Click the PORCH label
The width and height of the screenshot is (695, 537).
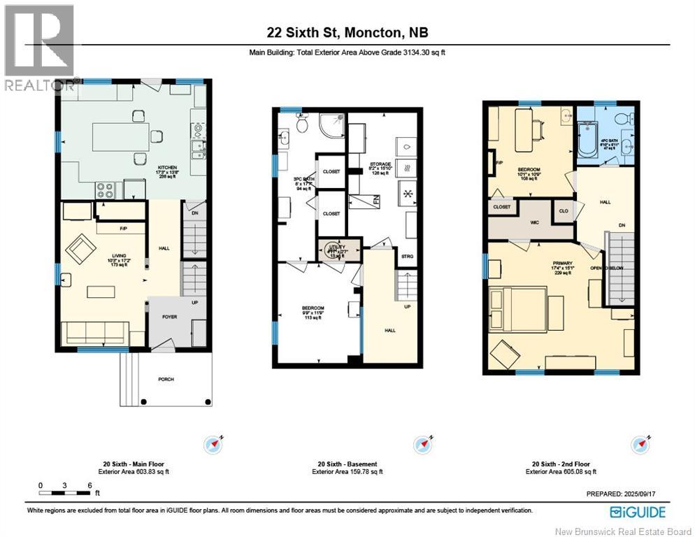pos(166,379)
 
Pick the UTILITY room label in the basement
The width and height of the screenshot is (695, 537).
pos(338,248)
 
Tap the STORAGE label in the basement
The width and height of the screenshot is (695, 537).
pos(380,164)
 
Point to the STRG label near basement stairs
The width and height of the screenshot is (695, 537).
pos(407,257)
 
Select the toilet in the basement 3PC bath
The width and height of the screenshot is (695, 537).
pos(302,124)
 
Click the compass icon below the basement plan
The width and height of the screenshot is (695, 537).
pos(423,444)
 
